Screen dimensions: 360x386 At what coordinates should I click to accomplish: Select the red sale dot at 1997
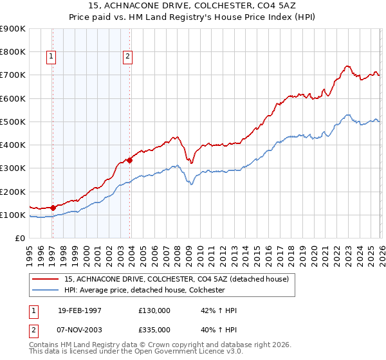53,208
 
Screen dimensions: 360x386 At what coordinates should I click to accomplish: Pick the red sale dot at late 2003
129,160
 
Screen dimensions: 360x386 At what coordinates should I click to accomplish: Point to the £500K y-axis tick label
13,122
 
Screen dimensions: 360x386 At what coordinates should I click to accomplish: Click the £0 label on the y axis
19,239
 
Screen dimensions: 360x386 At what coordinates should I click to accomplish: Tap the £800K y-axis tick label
13,51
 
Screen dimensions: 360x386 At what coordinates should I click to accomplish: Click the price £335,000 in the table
154,329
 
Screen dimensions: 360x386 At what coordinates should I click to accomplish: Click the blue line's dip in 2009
190,184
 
